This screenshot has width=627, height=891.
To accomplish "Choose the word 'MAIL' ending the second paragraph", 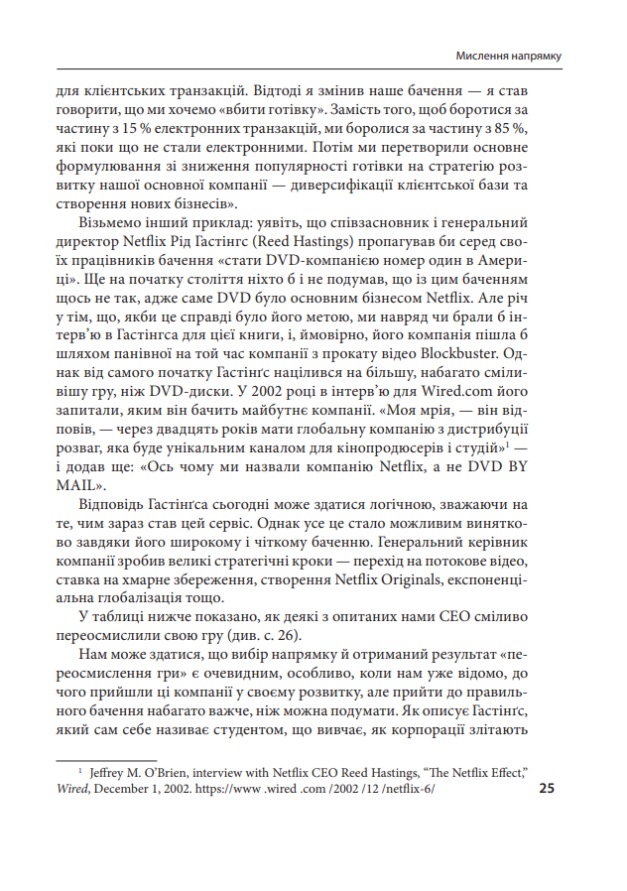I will coord(76,487).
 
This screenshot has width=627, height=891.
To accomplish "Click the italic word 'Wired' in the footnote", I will coord(74,788).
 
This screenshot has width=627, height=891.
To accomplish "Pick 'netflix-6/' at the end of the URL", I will coord(407,788).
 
